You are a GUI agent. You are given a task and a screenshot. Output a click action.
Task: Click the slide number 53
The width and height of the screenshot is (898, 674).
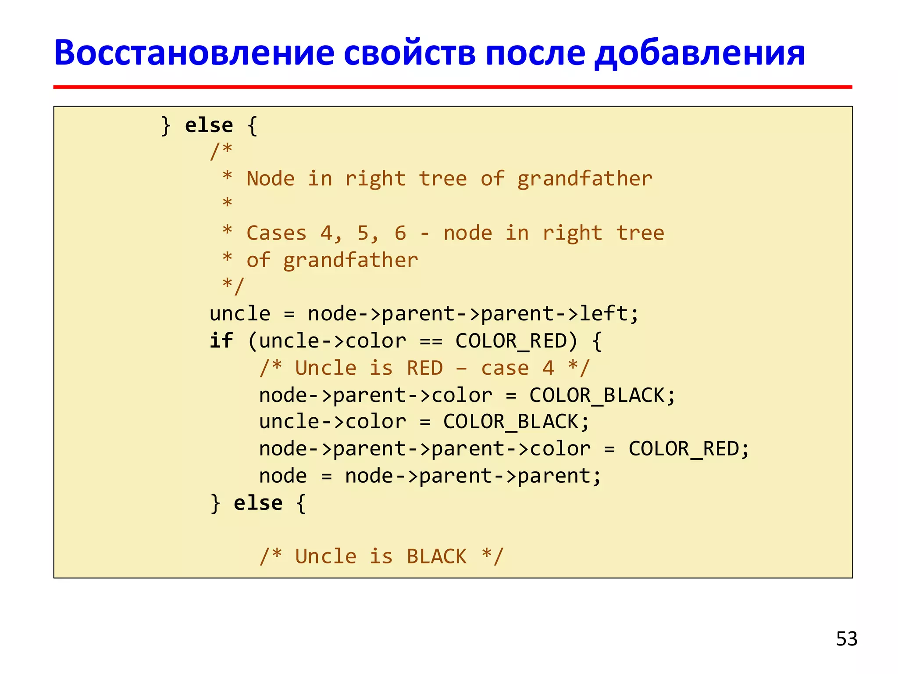pyautogui.click(x=846, y=638)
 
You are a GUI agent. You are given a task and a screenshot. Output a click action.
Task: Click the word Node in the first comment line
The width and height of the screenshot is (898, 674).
pyautogui.click(x=270, y=179)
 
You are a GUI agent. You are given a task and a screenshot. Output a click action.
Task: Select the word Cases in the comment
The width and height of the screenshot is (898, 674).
pyautogui.click(x=276, y=233)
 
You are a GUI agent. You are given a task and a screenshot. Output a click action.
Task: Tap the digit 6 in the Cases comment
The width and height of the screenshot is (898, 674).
pyautogui.click(x=400, y=233)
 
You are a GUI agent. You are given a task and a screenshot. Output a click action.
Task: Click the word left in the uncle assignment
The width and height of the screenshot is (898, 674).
pyautogui.click(x=604, y=314)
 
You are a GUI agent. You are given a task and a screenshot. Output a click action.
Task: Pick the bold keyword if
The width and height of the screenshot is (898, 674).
pyautogui.click(x=221, y=341)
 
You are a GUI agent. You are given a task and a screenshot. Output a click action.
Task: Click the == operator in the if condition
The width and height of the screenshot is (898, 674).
pyautogui.click(x=431, y=341)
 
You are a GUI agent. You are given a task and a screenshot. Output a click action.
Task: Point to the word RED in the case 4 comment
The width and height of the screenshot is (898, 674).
pyautogui.click(x=424, y=368)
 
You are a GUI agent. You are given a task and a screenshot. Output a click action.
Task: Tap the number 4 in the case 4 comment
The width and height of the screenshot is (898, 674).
pyautogui.click(x=548, y=368)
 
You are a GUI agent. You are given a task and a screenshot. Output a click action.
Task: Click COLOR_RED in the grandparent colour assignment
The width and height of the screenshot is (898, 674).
pyautogui.click(x=684, y=449)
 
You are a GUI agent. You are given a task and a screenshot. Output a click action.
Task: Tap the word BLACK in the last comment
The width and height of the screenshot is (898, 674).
pyautogui.click(x=437, y=557)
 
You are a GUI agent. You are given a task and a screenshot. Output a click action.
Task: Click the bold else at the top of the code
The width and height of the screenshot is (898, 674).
pyautogui.click(x=209, y=125)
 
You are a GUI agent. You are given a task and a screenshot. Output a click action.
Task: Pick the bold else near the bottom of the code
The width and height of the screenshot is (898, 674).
pyautogui.click(x=258, y=503)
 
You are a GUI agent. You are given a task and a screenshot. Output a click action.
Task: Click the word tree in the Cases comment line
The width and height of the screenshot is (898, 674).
pyautogui.click(x=640, y=233)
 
